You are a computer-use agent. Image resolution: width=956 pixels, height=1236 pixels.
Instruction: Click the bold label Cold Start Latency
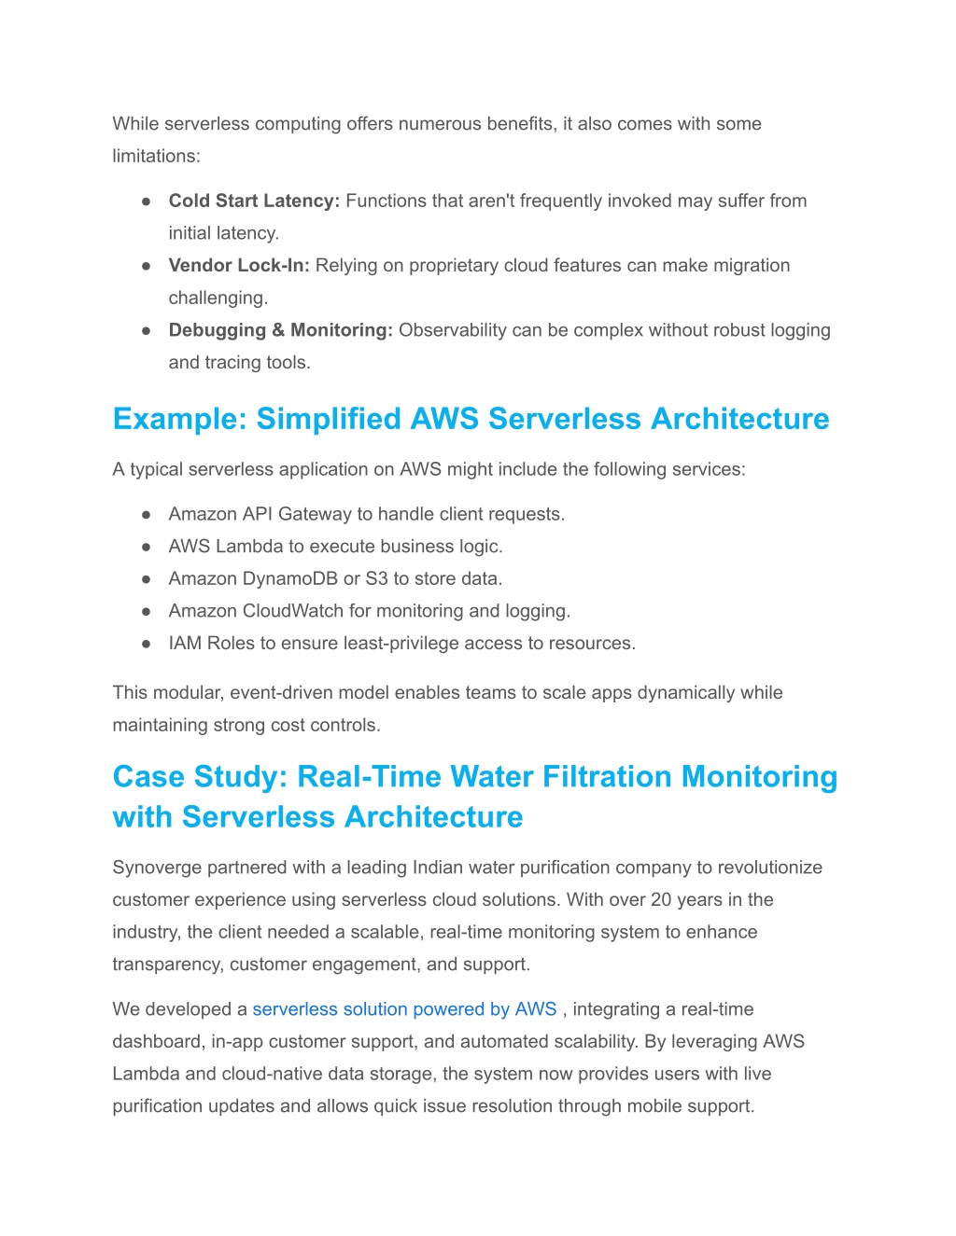[x=254, y=201]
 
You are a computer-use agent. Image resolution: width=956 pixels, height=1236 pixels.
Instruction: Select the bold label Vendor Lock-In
[x=238, y=266]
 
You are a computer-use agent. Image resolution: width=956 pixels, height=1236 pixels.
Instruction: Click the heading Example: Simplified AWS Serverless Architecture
[x=471, y=419]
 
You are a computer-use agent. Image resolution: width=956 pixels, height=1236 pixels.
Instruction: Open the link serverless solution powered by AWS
[x=404, y=1009]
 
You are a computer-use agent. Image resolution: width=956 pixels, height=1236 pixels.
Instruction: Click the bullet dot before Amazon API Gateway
[x=147, y=515]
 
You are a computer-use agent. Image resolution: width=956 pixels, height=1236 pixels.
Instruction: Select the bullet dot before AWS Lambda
[x=147, y=547]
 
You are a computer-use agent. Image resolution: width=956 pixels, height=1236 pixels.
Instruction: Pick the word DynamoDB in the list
[x=290, y=579]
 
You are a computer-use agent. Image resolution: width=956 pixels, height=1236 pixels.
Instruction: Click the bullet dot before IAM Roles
[x=147, y=644]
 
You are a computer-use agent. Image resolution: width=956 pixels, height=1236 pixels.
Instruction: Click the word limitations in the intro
[x=154, y=157]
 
